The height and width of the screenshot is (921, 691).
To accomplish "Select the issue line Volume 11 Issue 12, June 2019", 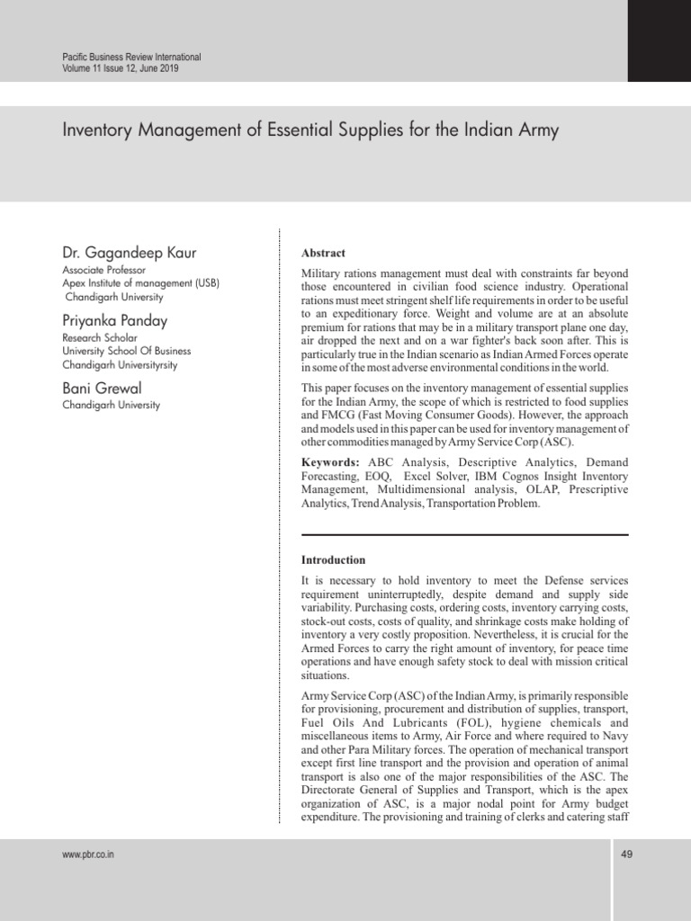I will click(120, 68).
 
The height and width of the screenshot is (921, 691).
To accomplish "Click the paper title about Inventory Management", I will click(310, 130).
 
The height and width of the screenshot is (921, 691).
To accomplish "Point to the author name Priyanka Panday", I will click(114, 320).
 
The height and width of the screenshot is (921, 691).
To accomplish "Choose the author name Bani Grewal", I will click(102, 388).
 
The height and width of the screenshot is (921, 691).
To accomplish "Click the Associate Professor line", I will click(104, 270).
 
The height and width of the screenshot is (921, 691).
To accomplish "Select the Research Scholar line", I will click(100, 338).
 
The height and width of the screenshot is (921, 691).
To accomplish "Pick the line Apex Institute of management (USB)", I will click(141, 283).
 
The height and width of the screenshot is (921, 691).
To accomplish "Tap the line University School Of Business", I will click(127, 352).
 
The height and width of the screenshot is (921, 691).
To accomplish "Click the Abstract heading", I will click(323, 254).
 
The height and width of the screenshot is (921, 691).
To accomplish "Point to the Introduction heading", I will click(333, 559).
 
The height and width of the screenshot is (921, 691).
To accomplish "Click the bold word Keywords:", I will click(330, 462).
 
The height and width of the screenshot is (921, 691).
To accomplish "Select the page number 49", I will click(627, 854).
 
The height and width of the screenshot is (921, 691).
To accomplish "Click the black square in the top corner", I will click(659, 40).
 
